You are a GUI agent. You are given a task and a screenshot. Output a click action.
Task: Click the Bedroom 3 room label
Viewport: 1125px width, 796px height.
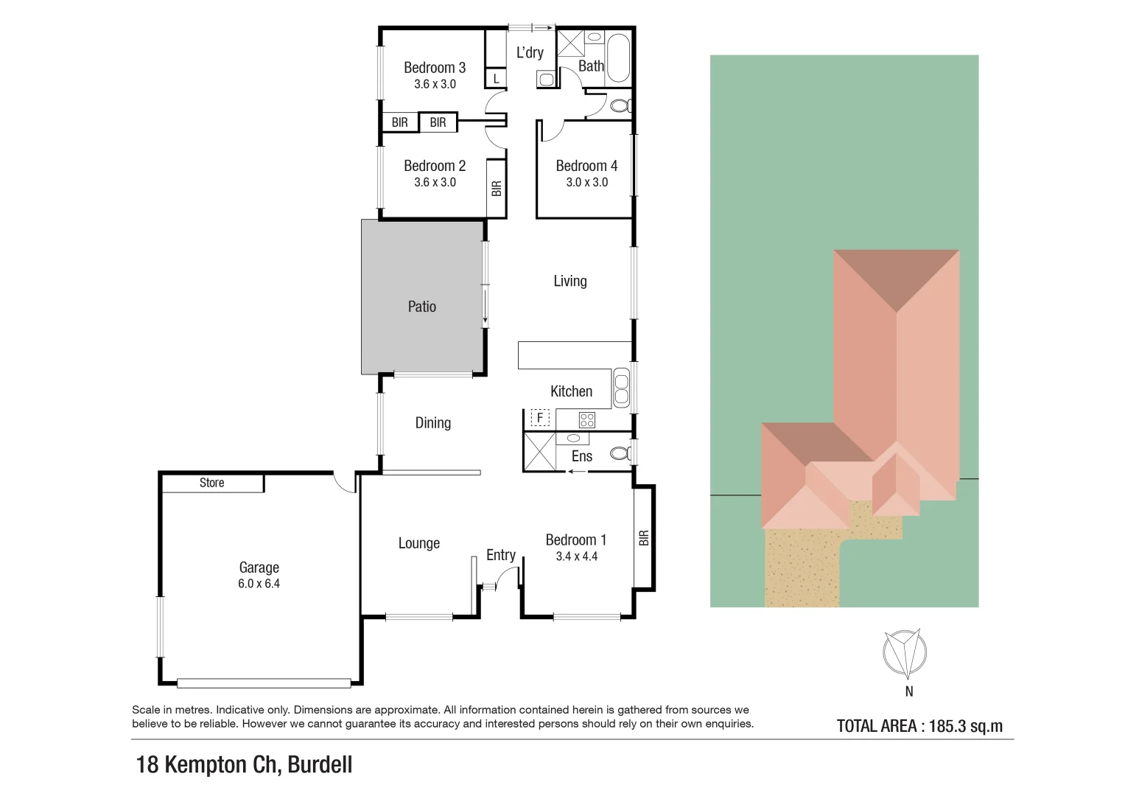tap(435, 68)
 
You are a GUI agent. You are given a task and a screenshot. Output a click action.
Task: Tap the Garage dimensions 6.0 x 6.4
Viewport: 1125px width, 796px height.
tap(259, 584)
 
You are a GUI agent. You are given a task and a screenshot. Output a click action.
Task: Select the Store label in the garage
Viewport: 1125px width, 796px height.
tap(211, 483)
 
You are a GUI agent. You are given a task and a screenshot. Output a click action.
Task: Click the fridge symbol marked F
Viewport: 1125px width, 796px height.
tap(540, 418)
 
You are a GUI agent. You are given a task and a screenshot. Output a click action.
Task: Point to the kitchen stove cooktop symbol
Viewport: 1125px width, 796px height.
tap(587, 420)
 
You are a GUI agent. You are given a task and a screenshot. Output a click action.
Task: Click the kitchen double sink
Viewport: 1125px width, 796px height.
tap(621, 388)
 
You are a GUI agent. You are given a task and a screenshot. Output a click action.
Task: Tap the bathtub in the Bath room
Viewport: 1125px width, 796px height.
tap(619, 57)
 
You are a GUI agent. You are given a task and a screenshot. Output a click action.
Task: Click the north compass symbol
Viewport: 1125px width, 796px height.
tap(905, 653)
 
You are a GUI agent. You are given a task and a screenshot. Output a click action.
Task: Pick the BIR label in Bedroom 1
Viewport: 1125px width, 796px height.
tap(644, 538)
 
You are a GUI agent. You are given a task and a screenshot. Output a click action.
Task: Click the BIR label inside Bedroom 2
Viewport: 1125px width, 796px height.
tap(497, 189)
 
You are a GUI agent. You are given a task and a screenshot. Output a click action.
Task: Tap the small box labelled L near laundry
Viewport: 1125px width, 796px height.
tap(497, 78)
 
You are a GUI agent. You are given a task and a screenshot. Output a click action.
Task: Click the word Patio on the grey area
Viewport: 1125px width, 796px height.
tap(422, 307)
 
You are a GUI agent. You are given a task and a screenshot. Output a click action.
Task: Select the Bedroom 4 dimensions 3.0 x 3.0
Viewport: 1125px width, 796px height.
tap(587, 183)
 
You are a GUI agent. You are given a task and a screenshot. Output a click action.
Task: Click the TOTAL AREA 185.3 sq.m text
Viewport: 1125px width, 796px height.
tap(919, 726)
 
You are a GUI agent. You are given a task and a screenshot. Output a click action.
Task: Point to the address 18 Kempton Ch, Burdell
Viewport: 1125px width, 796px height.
tap(245, 764)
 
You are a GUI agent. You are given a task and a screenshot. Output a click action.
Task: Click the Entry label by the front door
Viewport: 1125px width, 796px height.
tap(501, 555)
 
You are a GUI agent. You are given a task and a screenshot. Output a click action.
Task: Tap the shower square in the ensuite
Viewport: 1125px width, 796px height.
tap(539, 452)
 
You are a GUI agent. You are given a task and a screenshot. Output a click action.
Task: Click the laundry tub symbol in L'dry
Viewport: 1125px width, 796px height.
tap(546, 78)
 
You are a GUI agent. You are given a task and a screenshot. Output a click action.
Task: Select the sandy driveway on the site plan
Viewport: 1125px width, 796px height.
tap(802, 568)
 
